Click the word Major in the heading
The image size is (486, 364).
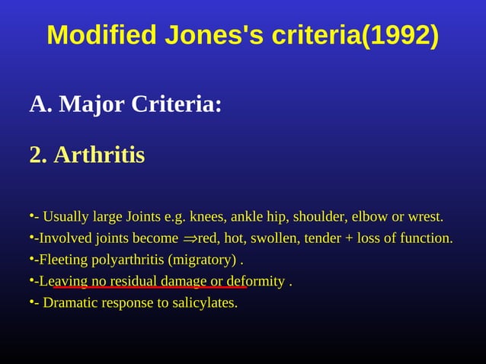91,104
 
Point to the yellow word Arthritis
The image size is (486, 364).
98,155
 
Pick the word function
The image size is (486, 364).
427,238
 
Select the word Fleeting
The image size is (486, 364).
63,260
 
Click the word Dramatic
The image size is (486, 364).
71,303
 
